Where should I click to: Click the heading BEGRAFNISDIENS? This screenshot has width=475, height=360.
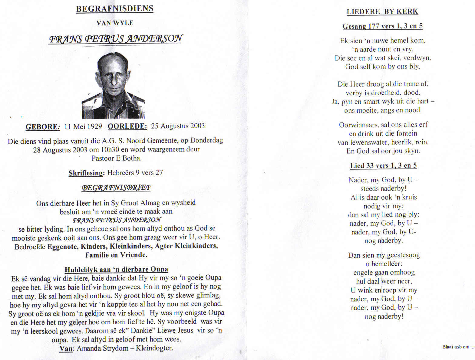pyautogui.click(x=114, y=9)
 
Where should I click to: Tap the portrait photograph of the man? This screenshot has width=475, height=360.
pyautogui.click(x=114, y=85)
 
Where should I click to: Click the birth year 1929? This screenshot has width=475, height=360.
pyautogui.click(x=94, y=126)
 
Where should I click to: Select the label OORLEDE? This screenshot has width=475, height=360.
pyautogui.click(x=127, y=126)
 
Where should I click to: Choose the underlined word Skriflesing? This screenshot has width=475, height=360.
pyautogui.click(x=86, y=173)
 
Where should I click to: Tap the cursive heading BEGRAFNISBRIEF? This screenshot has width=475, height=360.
pyautogui.click(x=116, y=188)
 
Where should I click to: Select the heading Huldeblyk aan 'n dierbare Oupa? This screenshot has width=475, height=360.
pyautogui.click(x=116, y=269)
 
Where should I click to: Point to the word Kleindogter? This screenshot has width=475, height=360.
pyautogui.click(x=154, y=348)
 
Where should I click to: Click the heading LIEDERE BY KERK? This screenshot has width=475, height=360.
pyautogui.click(x=382, y=12)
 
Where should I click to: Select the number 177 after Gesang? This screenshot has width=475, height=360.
pyautogui.click(x=374, y=26)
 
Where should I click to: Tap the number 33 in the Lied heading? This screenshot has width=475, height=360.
pyautogui.click(x=370, y=166)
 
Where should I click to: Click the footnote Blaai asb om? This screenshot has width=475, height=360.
pyautogui.click(x=458, y=347)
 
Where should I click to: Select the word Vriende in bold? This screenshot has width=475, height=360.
pyautogui.click(x=134, y=255)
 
